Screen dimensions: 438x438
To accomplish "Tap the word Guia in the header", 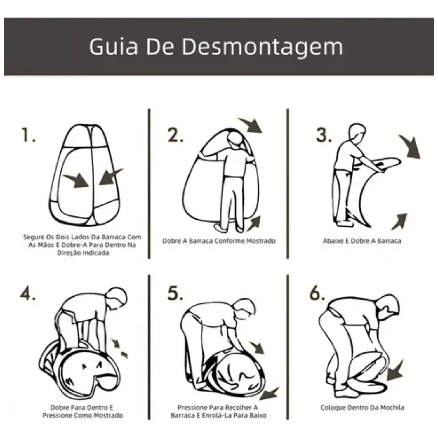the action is click(x=114, y=47).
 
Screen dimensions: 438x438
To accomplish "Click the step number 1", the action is click(x=28, y=135).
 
